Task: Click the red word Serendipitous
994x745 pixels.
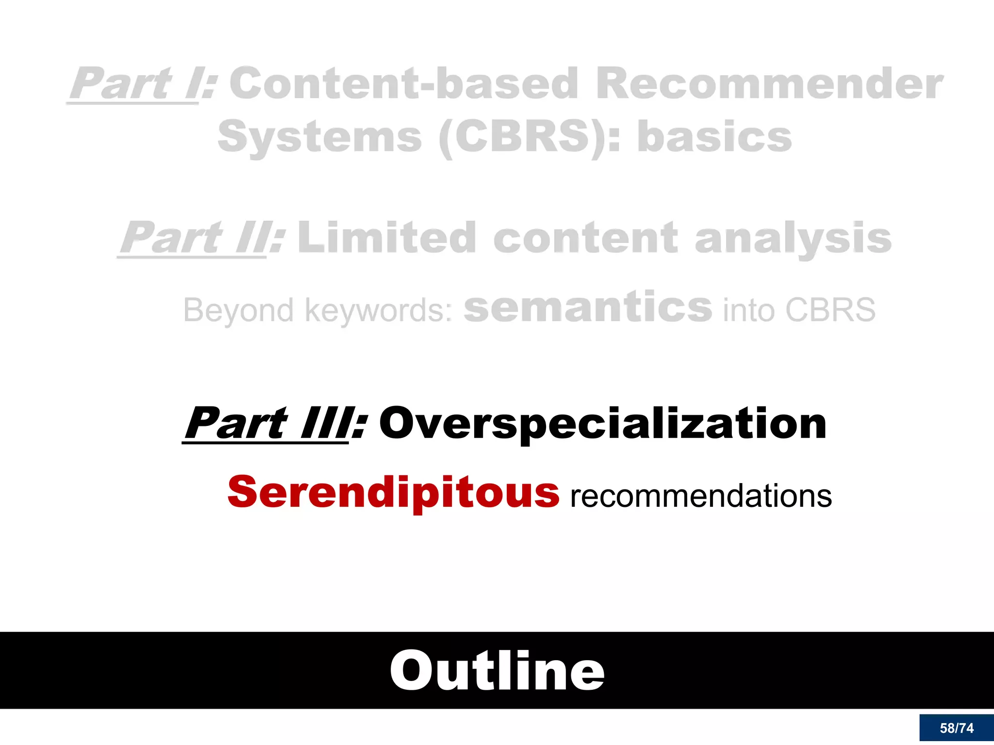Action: (393, 492)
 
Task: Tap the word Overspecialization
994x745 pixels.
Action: (602, 423)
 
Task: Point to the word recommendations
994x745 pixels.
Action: (701, 496)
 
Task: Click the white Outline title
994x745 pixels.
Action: (497, 671)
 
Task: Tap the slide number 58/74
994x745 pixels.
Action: (956, 728)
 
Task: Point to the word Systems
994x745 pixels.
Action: (320, 137)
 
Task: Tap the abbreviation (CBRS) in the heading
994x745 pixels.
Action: (522, 137)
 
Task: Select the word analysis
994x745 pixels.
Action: (793, 238)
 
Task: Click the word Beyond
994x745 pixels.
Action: (238, 310)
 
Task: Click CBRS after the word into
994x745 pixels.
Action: (830, 310)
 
